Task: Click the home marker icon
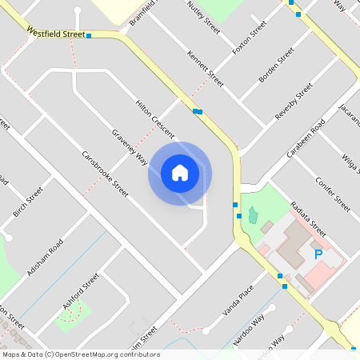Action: tap(180, 173)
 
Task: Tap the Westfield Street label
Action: tap(55, 34)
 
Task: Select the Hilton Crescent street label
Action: tap(154, 119)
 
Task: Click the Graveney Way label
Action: tap(130, 146)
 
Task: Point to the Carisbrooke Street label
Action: tap(105, 173)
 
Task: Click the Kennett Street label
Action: tap(205, 69)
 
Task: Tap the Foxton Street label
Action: tap(249, 40)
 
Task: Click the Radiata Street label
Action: tap(309, 218)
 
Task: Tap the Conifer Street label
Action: tap(332, 192)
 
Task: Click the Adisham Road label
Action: tap(45, 257)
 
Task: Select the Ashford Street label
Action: tap(81, 290)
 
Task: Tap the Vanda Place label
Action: tap(238, 301)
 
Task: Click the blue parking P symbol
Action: tap(318, 254)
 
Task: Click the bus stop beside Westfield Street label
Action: tap(89, 36)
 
